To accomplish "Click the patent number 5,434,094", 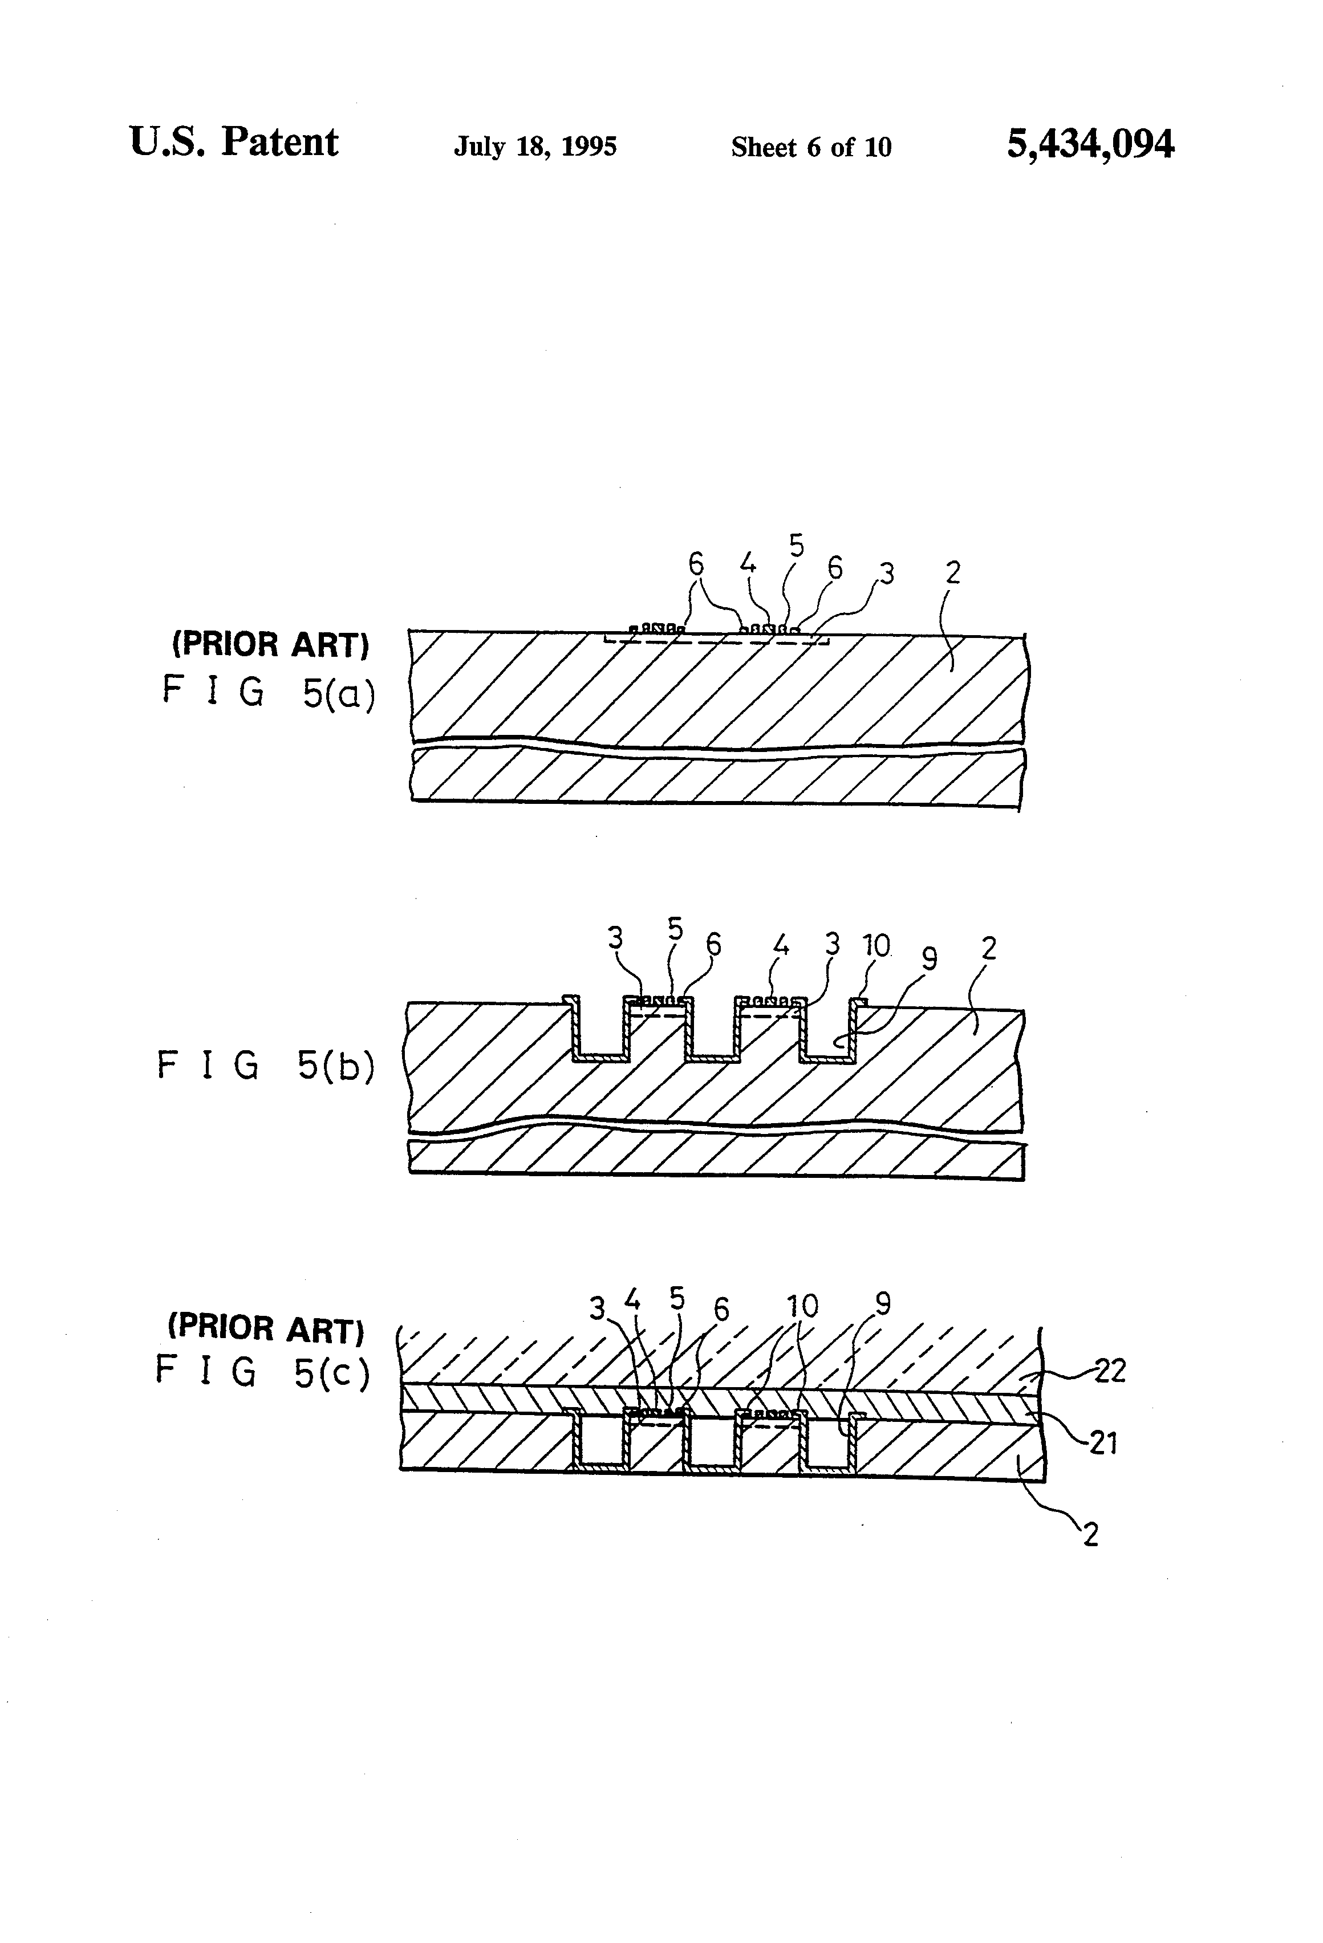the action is point(1090,145).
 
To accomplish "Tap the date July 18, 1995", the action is point(535,147).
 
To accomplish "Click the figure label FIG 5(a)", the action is point(267,692).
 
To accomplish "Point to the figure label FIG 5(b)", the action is point(265,1066).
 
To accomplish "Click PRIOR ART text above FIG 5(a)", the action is point(270,645).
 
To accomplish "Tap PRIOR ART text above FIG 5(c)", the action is point(266,1328).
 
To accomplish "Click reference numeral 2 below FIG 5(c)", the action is point(1090,1535).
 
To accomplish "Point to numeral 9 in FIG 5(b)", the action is point(928,959).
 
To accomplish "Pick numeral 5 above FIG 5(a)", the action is point(796,546).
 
